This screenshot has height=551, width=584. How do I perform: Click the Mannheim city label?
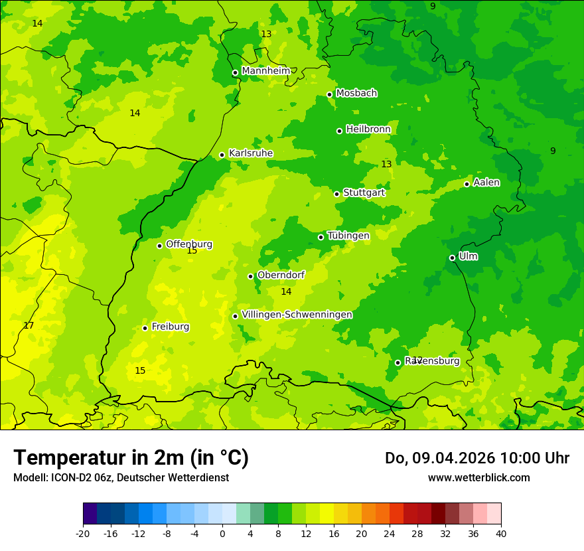pos(265,71)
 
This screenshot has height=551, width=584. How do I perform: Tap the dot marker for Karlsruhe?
pos(222,155)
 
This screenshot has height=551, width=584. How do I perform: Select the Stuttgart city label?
pos(364,193)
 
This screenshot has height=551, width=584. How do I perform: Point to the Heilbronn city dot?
pos(339,131)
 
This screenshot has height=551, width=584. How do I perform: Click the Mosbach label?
pos(356,94)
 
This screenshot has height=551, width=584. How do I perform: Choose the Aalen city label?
pos(486,183)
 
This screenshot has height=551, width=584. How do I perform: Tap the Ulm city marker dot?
pos(452,258)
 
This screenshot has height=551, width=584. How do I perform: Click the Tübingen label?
pos(348,236)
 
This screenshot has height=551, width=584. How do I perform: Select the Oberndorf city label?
pos(281,275)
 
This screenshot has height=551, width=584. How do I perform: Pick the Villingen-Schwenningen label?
pos(297,315)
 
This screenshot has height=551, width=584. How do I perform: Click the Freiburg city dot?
pos(145,328)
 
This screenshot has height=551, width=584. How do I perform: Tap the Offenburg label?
pos(189,244)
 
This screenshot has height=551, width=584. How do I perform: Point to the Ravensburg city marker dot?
pos(398,362)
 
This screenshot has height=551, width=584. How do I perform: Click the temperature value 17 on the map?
pos(29,326)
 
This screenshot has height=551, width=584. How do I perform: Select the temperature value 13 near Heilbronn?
pos(386,164)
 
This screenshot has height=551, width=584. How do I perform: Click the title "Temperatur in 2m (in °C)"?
pos(131,458)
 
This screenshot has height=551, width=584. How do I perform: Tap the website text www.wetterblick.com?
pos(478,478)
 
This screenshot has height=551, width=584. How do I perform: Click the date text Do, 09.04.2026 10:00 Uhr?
pos(476,458)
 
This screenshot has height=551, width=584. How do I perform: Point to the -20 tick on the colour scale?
pos(83,534)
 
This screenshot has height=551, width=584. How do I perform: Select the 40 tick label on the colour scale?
pos(500,534)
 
